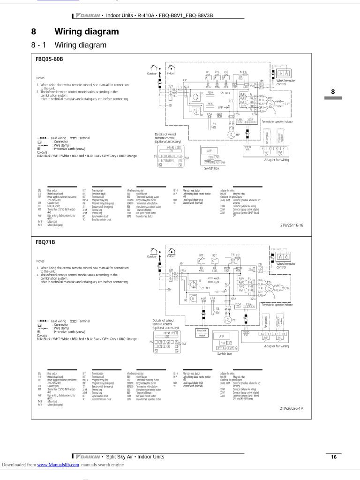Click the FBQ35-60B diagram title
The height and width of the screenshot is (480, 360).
point(49,59)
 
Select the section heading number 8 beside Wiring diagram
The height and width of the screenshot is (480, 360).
point(34,32)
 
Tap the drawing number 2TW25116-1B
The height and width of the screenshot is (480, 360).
point(292,225)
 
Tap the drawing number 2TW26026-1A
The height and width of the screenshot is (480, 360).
point(292,408)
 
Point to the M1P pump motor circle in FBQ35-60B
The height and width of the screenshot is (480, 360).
point(231,135)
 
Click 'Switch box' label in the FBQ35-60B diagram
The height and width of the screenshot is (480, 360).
point(211,168)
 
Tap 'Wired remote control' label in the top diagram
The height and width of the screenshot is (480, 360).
point(285,82)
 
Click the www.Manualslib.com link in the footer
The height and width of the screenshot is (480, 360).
point(58,465)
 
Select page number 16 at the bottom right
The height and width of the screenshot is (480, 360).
point(333,457)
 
